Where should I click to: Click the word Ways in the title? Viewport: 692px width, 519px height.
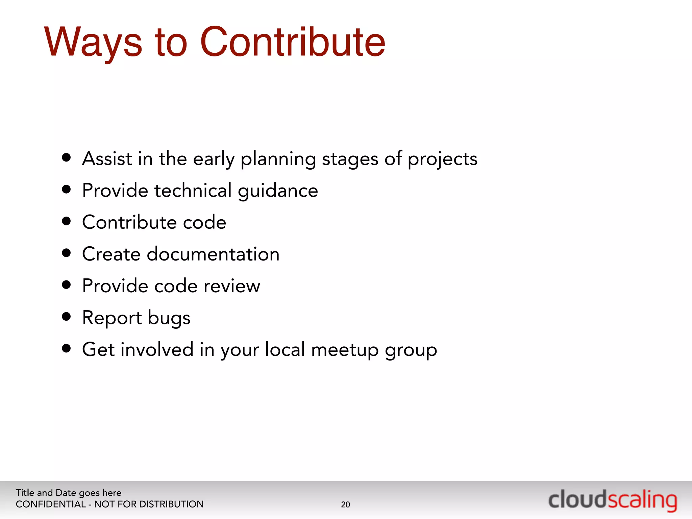click(x=93, y=42)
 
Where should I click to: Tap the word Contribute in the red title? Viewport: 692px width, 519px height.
click(x=292, y=42)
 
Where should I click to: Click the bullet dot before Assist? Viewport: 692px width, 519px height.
click(x=67, y=157)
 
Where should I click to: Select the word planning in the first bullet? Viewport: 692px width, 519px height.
click(x=278, y=159)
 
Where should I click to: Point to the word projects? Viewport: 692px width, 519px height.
click(x=442, y=159)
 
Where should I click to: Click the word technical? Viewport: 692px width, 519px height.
click(x=193, y=190)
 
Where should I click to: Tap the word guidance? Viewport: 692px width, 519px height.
click(x=278, y=191)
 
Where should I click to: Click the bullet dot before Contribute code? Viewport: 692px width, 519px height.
click(x=67, y=221)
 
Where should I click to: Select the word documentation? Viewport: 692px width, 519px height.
click(x=213, y=254)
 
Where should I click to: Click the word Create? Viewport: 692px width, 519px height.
click(x=111, y=254)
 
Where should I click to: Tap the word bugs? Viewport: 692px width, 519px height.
click(x=169, y=318)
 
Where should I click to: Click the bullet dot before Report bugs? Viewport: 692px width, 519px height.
click(x=67, y=317)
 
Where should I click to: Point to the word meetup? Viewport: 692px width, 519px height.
click(x=345, y=350)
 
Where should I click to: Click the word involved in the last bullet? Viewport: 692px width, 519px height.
click(x=157, y=349)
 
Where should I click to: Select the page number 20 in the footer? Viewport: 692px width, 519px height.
click(x=345, y=504)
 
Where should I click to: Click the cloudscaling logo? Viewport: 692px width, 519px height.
click(x=613, y=500)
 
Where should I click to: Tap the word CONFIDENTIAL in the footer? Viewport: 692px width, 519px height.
click(x=51, y=504)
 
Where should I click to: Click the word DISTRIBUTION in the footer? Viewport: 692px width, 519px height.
click(x=171, y=504)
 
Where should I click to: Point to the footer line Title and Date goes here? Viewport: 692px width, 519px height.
click(x=68, y=493)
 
